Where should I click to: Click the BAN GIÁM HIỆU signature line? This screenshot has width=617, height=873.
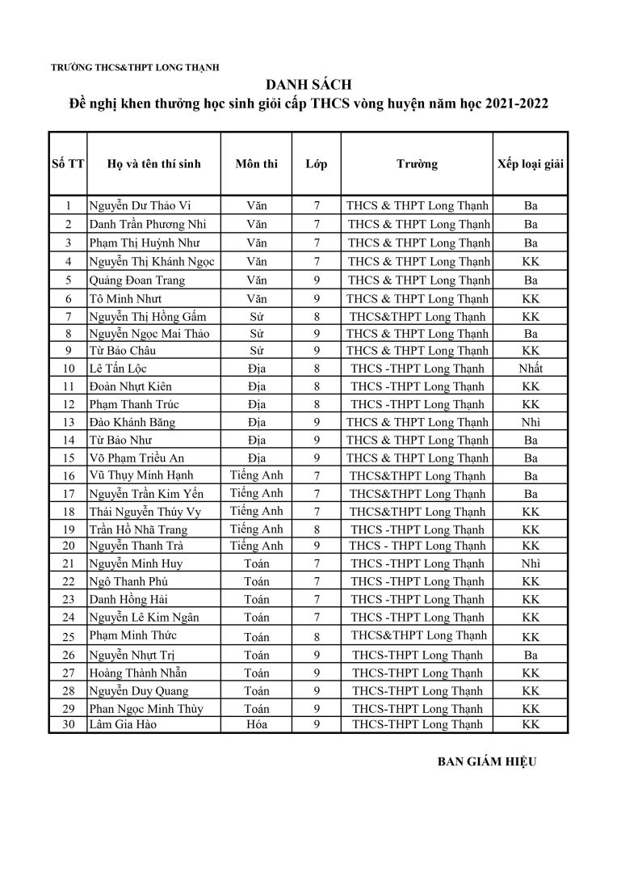486,761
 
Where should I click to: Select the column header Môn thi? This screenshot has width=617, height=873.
257,163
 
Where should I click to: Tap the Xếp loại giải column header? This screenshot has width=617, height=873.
531,163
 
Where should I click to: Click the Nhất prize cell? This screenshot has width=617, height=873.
531,369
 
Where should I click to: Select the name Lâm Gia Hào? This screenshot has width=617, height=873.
123,724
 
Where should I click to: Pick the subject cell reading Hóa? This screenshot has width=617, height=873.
257,724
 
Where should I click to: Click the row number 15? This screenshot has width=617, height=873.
69,458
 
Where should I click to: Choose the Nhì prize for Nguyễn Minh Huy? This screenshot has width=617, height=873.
531,563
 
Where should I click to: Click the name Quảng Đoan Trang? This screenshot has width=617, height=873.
136,280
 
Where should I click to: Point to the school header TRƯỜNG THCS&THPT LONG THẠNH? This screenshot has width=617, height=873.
135,68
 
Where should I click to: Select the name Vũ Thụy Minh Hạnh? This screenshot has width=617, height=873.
141,475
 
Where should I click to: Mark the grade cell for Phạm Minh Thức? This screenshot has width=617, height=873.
317,637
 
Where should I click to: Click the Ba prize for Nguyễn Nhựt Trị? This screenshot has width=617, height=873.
531,656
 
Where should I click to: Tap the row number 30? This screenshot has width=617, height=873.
69,724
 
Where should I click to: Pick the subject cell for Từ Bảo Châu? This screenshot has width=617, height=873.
257,351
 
